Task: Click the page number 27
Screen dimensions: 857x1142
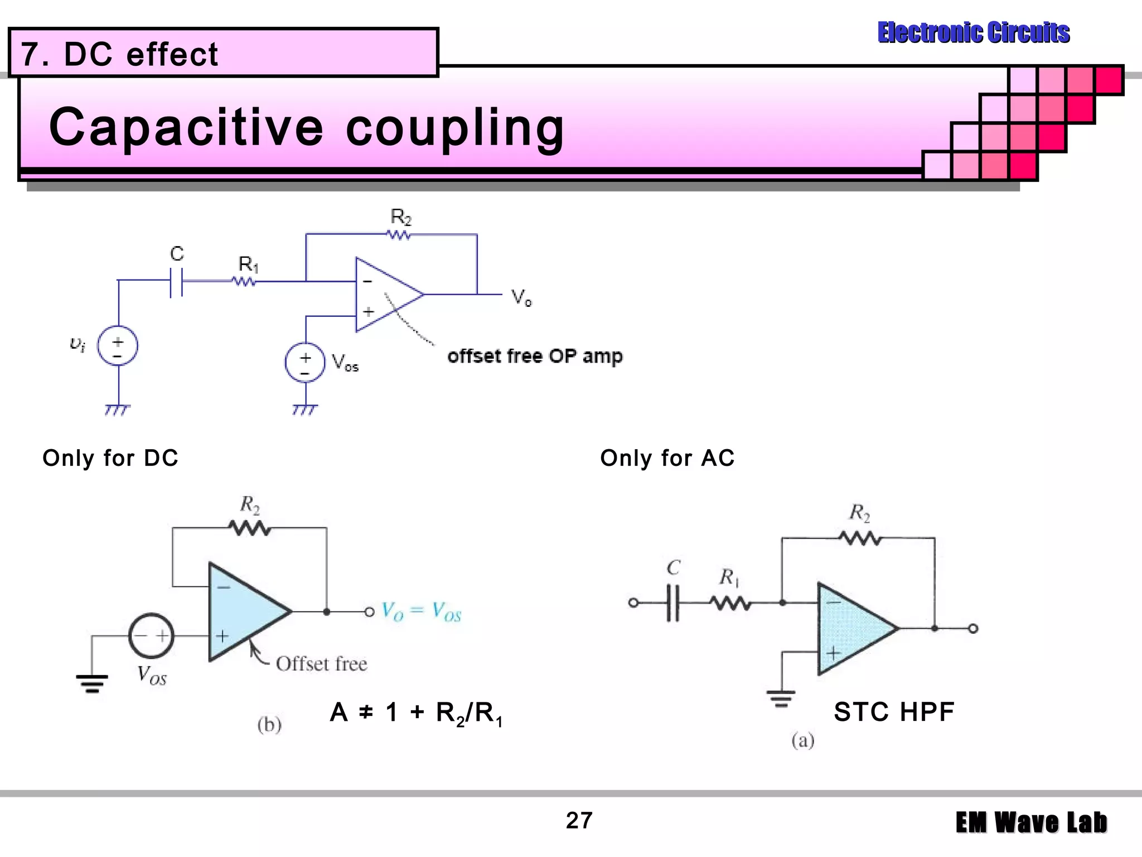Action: tap(579, 820)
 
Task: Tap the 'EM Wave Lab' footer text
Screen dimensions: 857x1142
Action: tap(1031, 823)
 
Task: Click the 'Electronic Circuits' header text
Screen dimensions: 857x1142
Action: tap(973, 32)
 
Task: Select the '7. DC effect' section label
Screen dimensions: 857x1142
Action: tap(119, 54)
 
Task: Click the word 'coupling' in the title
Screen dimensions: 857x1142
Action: tap(454, 127)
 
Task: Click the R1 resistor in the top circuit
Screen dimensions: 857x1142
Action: tap(244, 282)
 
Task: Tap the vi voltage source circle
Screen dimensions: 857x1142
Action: tap(118, 346)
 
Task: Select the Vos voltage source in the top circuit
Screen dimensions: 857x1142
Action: tap(304, 363)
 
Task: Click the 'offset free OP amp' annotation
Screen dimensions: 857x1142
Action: tap(534, 356)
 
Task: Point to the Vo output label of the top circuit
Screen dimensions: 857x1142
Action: tap(521, 297)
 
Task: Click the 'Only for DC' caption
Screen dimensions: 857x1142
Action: tap(110, 458)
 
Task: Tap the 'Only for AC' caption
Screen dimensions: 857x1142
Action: tap(667, 458)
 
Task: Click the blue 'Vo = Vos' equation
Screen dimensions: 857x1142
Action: tap(422, 612)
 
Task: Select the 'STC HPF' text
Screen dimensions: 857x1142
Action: tap(894, 712)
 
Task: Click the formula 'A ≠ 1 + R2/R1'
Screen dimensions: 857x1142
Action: tap(416, 713)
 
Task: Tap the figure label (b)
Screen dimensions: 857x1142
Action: tap(269, 725)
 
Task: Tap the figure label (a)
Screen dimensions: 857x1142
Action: tap(802, 740)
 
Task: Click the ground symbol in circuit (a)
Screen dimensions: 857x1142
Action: tap(781, 697)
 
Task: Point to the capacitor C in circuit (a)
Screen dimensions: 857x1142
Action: tap(673, 603)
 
